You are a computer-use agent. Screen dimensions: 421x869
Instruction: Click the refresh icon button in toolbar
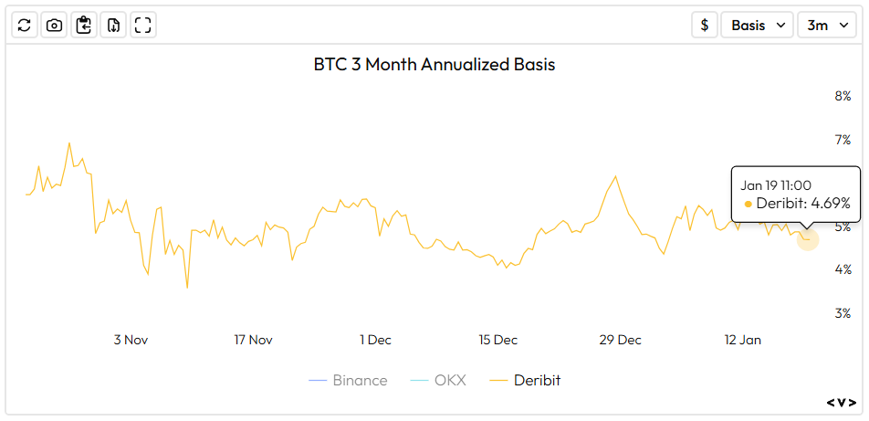pos(25,25)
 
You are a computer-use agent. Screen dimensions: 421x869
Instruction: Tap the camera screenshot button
pos(54,25)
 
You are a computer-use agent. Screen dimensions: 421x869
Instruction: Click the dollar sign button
pos(704,25)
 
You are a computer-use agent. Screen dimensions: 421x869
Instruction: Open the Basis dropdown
pos(757,25)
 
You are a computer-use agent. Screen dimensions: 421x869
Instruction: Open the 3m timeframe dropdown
pos(826,25)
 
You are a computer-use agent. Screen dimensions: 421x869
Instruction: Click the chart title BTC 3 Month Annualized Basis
pos(434,65)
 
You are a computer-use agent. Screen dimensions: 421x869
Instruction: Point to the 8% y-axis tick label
pos(842,96)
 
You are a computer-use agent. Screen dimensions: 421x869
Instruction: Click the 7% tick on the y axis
pos(842,140)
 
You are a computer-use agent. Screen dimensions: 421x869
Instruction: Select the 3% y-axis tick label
pos(842,313)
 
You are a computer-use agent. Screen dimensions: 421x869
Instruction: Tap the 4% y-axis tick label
pos(842,269)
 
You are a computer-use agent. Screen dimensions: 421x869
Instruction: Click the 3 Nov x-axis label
pos(131,340)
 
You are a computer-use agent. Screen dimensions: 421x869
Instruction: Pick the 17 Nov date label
pos(253,340)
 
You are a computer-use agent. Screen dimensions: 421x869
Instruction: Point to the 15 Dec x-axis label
pos(497,340)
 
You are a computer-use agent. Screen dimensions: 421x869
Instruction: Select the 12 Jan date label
pos(742,340)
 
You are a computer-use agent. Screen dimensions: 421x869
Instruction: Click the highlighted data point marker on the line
pos(808,239)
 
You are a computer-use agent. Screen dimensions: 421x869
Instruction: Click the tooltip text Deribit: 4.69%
pos(802,203)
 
